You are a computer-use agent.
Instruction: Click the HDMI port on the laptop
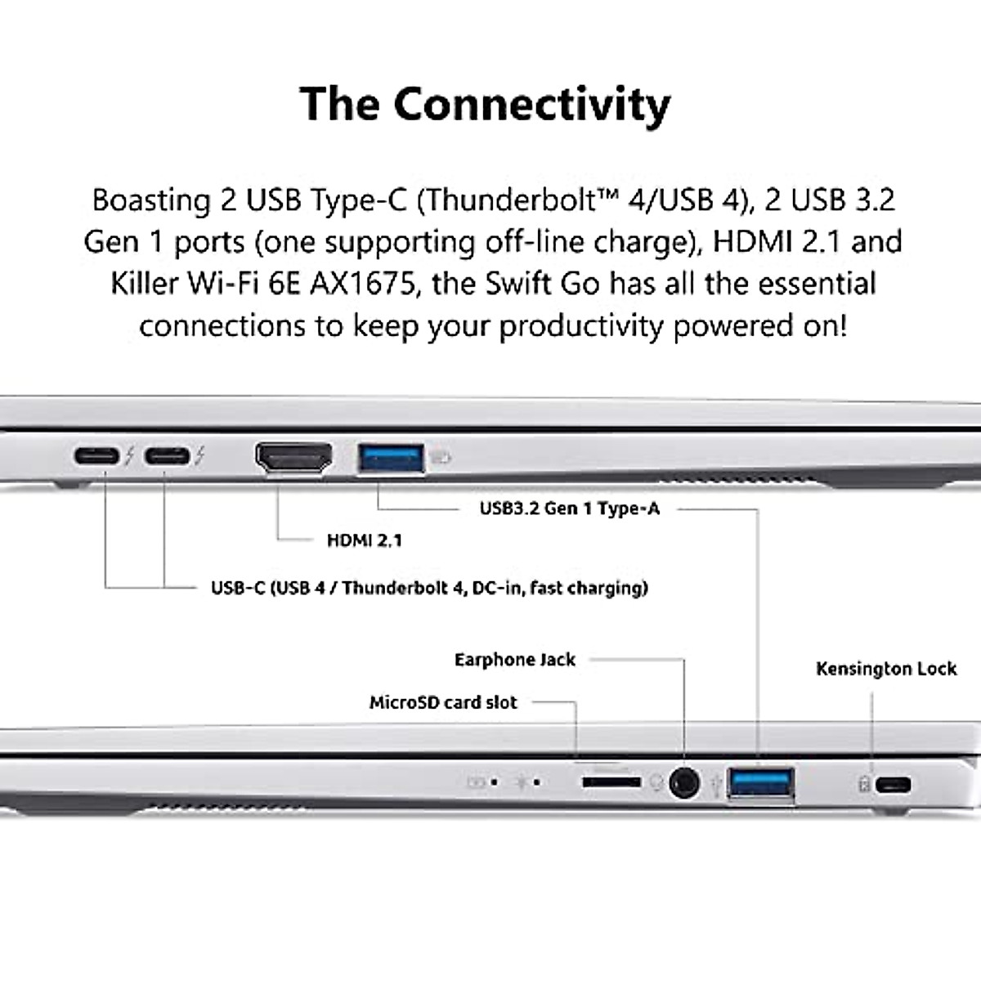click(x=294, y=458)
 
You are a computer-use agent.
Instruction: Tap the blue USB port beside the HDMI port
click(x=392, y=458)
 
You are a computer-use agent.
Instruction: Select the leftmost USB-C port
click(x=97, y=456)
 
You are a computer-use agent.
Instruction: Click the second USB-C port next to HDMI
click(x=167, y=456)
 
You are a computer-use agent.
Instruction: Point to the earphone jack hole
click(x=684, y=783)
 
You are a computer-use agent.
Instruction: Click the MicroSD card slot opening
click(x=611, y=783)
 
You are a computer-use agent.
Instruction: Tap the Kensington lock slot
click(x=893, y=786)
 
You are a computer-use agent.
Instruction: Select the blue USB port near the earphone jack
click(x=761, y=783)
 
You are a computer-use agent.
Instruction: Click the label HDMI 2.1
click(x=364, y=540)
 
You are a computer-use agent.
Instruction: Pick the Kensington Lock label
click(x=886, y=669)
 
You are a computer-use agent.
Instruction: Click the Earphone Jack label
click(x=515, y=660)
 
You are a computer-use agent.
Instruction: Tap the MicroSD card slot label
click(x=443, y=702)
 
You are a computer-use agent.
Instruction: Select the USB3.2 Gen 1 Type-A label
click(x=569, y=508)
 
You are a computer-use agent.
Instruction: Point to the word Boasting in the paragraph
click(x=151, y=200)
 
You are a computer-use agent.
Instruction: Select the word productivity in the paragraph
click(x=581, y=326)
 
